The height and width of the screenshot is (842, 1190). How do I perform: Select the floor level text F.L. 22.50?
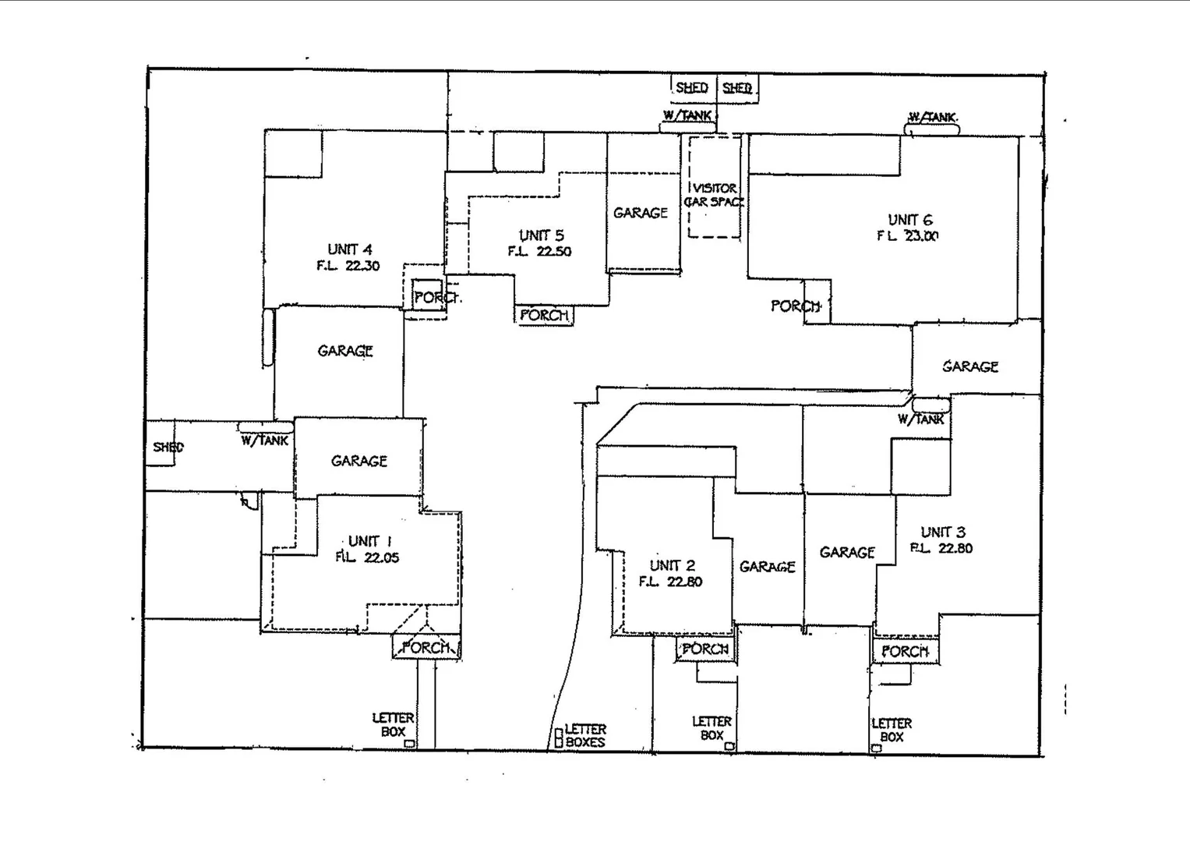click(539, 252)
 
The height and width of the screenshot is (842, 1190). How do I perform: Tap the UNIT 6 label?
click(909, 220)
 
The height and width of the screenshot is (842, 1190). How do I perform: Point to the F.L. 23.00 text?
click(908, 236)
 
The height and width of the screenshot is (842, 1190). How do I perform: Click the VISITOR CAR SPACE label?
click(714, 195)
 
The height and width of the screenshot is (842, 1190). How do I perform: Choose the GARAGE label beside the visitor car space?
click(641, 213)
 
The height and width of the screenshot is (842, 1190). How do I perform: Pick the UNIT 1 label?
click(369, 541)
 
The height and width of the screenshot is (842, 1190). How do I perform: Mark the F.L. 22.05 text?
click(367, 557)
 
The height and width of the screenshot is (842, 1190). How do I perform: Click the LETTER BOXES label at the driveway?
click(584, 736)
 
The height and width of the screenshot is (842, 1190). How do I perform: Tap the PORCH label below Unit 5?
click(544, 315)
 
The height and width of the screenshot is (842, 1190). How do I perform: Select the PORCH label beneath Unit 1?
click(426, 647)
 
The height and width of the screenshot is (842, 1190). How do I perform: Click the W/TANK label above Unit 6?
click(931, 118)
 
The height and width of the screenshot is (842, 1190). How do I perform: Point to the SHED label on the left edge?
click(168, 447)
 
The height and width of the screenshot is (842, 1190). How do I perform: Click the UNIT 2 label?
click(672, 565)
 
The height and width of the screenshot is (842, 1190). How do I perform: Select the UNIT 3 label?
click(943, 532)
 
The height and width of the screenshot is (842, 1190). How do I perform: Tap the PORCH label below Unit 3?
click(905, 651)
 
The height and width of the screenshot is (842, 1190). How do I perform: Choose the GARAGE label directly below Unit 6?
click(969, 366)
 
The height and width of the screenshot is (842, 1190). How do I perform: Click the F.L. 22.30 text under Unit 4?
click(348, 266)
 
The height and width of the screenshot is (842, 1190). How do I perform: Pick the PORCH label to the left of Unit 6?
click(796, 306)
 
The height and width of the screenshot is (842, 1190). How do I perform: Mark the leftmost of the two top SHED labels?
click(691, 87)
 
